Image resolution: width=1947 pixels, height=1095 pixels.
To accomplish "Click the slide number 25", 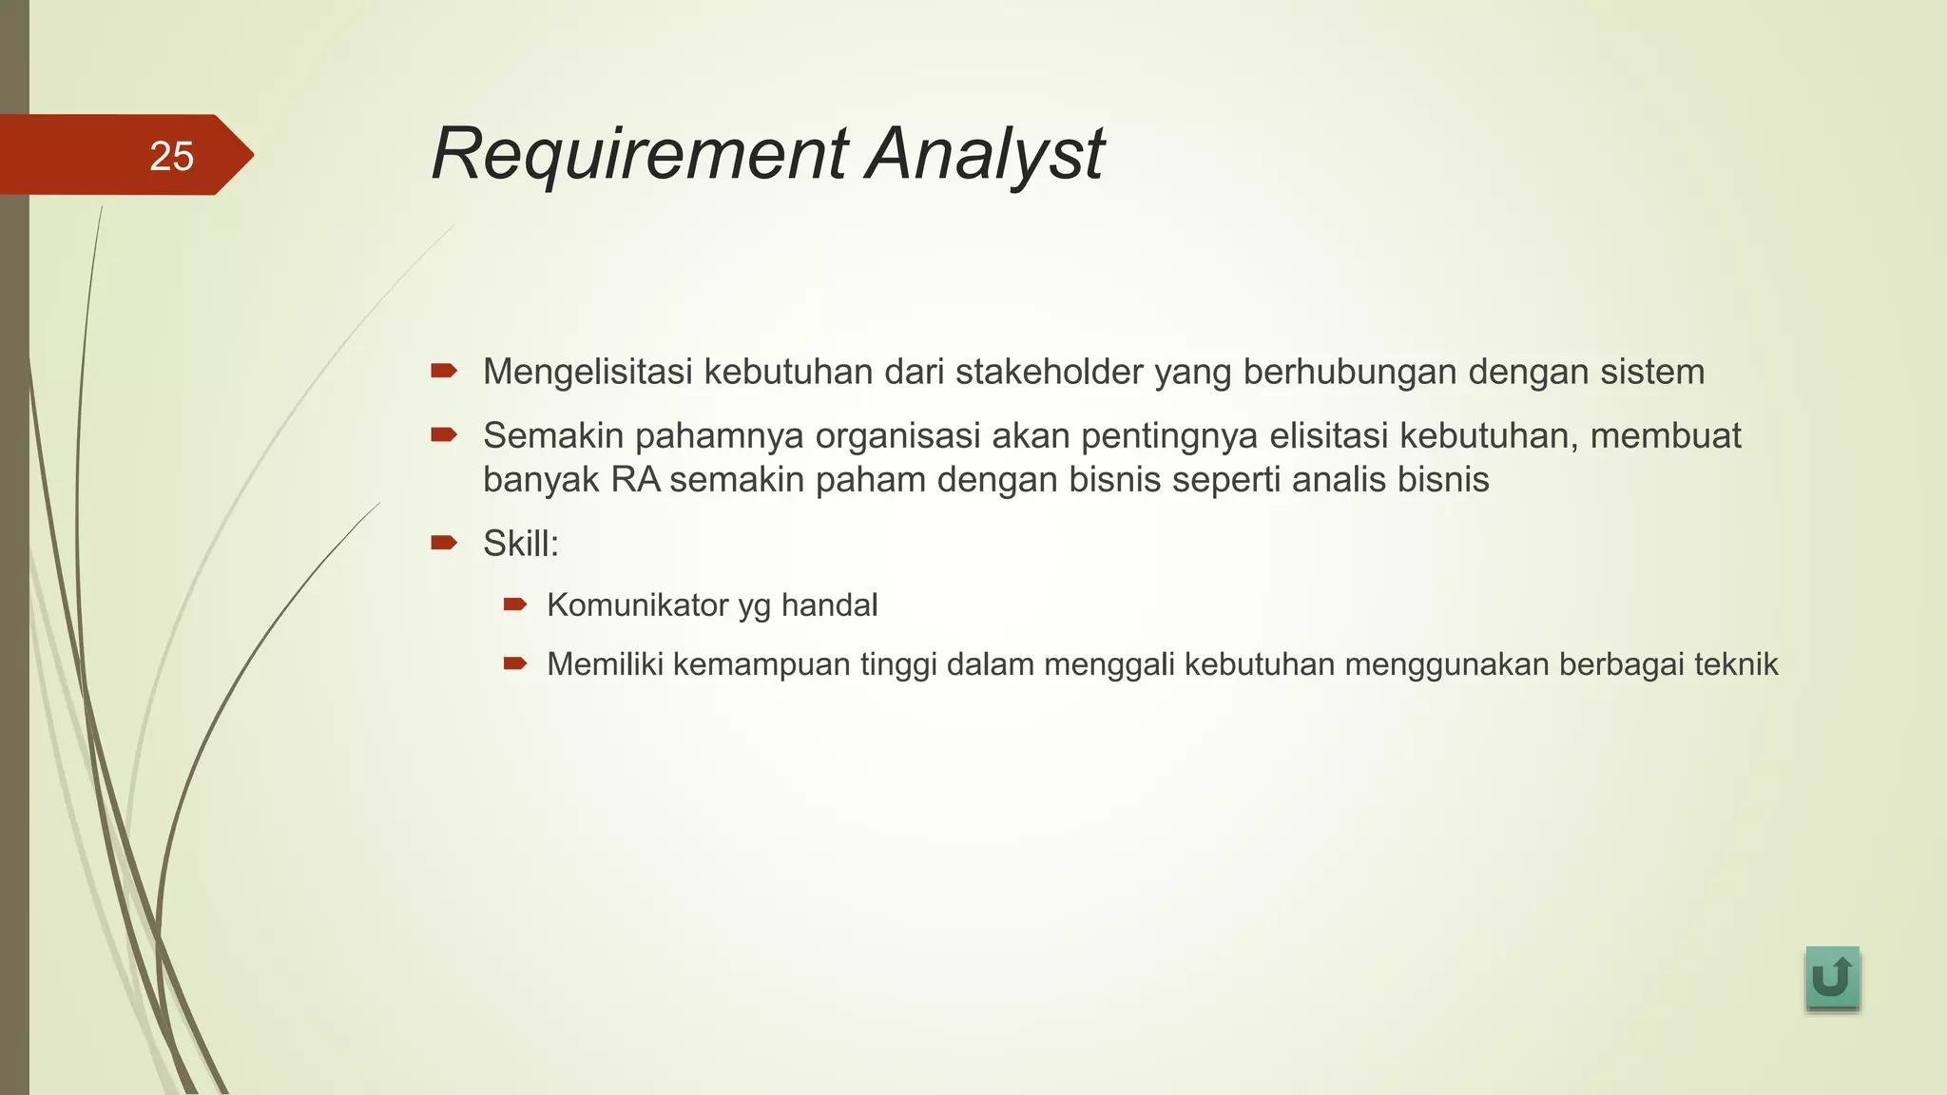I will click(x=171, y=156).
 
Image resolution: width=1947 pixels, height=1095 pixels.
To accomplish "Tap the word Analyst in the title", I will click(x=985, y=154).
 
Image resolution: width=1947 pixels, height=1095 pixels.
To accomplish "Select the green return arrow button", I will click(x=1831, y=977).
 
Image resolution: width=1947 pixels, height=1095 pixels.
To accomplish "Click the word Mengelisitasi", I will click(x=587, y=372).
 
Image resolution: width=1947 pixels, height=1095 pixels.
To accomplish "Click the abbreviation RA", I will click(x=635, y=480).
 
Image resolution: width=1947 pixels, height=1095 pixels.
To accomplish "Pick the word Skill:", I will click(x=521, y=545).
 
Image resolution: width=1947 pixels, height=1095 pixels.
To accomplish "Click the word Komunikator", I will click(x=637, y=605).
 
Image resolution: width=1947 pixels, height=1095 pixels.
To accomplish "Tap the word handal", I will click(x=829, y=605).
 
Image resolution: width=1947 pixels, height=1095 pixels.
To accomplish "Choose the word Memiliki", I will click(x=605, y=664).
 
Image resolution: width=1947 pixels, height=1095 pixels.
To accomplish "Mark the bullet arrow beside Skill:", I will click(x=444, y=543).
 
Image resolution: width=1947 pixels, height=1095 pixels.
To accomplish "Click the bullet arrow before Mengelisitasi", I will click(x=444, y=370).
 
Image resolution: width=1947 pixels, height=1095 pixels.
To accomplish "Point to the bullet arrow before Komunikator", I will click(x=515, y=604).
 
